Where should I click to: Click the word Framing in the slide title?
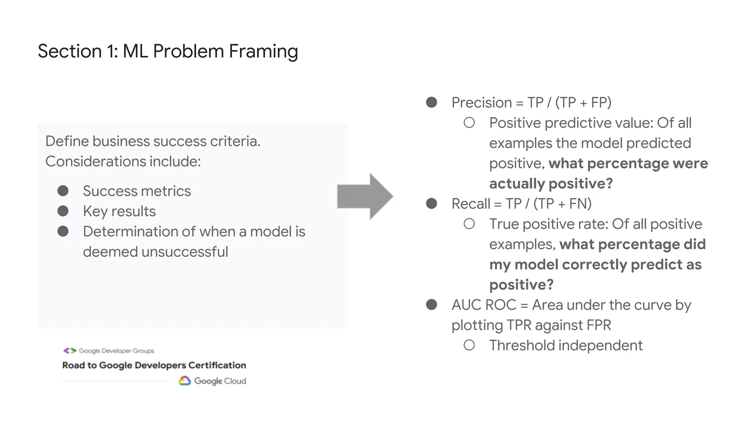click(x=263, y=51)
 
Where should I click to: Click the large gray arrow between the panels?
click(x=364, y=197)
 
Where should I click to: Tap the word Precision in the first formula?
click(x=482, y=103)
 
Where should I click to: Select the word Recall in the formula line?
click(x=471, y=204)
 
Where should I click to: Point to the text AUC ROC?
click(x=484, y=305)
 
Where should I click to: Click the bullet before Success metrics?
click(x=63, y=191)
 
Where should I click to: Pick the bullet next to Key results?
click(x=63, y=211)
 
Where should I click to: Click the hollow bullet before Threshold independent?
click(x=469, y=345)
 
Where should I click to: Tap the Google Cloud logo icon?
click(x=184, y=381)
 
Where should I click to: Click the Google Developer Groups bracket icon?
click(x=70, y=351)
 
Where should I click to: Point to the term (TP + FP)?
click(x=583, y=103)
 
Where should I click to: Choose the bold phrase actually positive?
click(x=551, y=184)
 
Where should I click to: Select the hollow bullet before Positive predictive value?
click(x=469, y=123)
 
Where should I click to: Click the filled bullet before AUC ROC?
click(x=431, y=305)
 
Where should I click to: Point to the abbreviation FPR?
click(x=599, y=325)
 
